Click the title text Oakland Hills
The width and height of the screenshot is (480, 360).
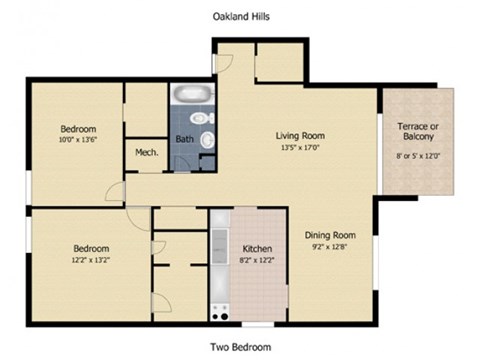click(x=240, y=17)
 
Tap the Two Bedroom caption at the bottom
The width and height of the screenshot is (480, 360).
click(x=240, y=347)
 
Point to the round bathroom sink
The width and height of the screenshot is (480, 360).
click(x=208, y=141)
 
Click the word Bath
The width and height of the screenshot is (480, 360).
click(x=184, y=139)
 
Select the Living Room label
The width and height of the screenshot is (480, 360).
click(x=300, y=135)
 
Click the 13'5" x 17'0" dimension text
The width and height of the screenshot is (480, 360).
click(x=300, y=147)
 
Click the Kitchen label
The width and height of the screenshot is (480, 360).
click(x=258, y=248)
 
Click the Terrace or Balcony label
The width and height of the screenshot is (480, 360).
click(x=419, y=131)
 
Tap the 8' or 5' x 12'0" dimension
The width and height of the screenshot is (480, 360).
click(x=419, y=156)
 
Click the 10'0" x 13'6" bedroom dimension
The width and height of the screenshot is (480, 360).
click(x=77, y=141)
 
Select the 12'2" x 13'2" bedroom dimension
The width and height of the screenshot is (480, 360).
click(x=90, y=260)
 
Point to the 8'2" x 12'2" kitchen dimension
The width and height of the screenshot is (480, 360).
click(x=258, y=260)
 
